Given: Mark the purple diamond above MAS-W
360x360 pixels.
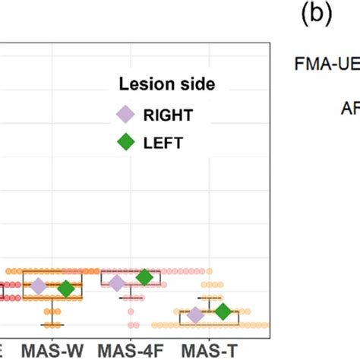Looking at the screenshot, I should tap(39, 286).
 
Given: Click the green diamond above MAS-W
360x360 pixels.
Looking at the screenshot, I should tap(66, 289).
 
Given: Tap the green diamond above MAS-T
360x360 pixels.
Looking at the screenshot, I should tap(222, 311).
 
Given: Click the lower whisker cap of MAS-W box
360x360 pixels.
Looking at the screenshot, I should tap(52, 324).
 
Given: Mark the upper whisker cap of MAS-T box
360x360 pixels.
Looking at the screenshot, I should tap(208, 298).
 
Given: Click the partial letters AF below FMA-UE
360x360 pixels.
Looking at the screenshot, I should tap(349, 107).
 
